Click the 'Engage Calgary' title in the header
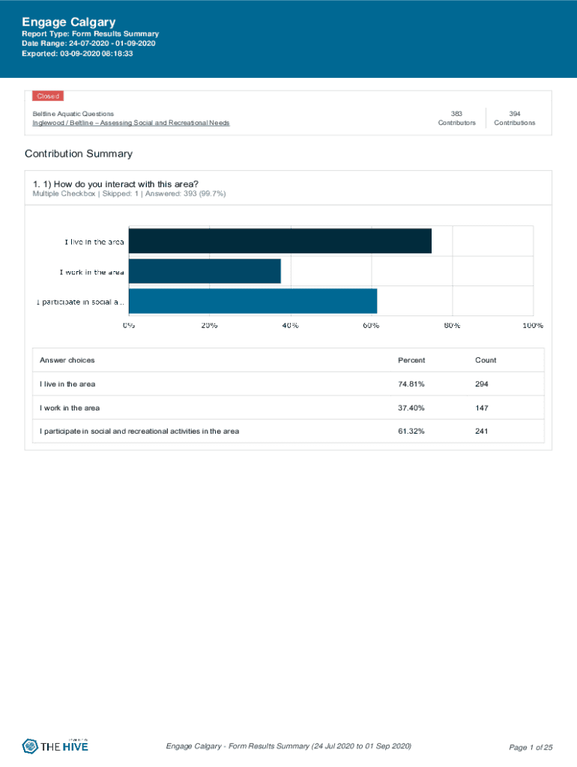[x=67, y=22]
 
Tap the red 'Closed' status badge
[x=47, y=96]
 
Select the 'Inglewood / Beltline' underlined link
[x=130, y=123]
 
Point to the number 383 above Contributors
[x=456, y=114]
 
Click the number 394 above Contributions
[x=514, y=114]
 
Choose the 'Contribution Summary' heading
[x=78, y=154]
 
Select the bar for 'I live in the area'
[x=280, y=241]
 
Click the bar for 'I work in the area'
[x=205, y=271]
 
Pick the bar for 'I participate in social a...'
[x=253, y=301]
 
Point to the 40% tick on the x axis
[x=290, y=326]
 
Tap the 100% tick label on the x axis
[x=532, y=326]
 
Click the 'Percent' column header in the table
[x=411, y=360]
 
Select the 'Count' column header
[x=486, y=360]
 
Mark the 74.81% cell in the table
[x=411, y=384]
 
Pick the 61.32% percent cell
[x=411, y=431]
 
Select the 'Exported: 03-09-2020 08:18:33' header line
[x=77, y=54]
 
